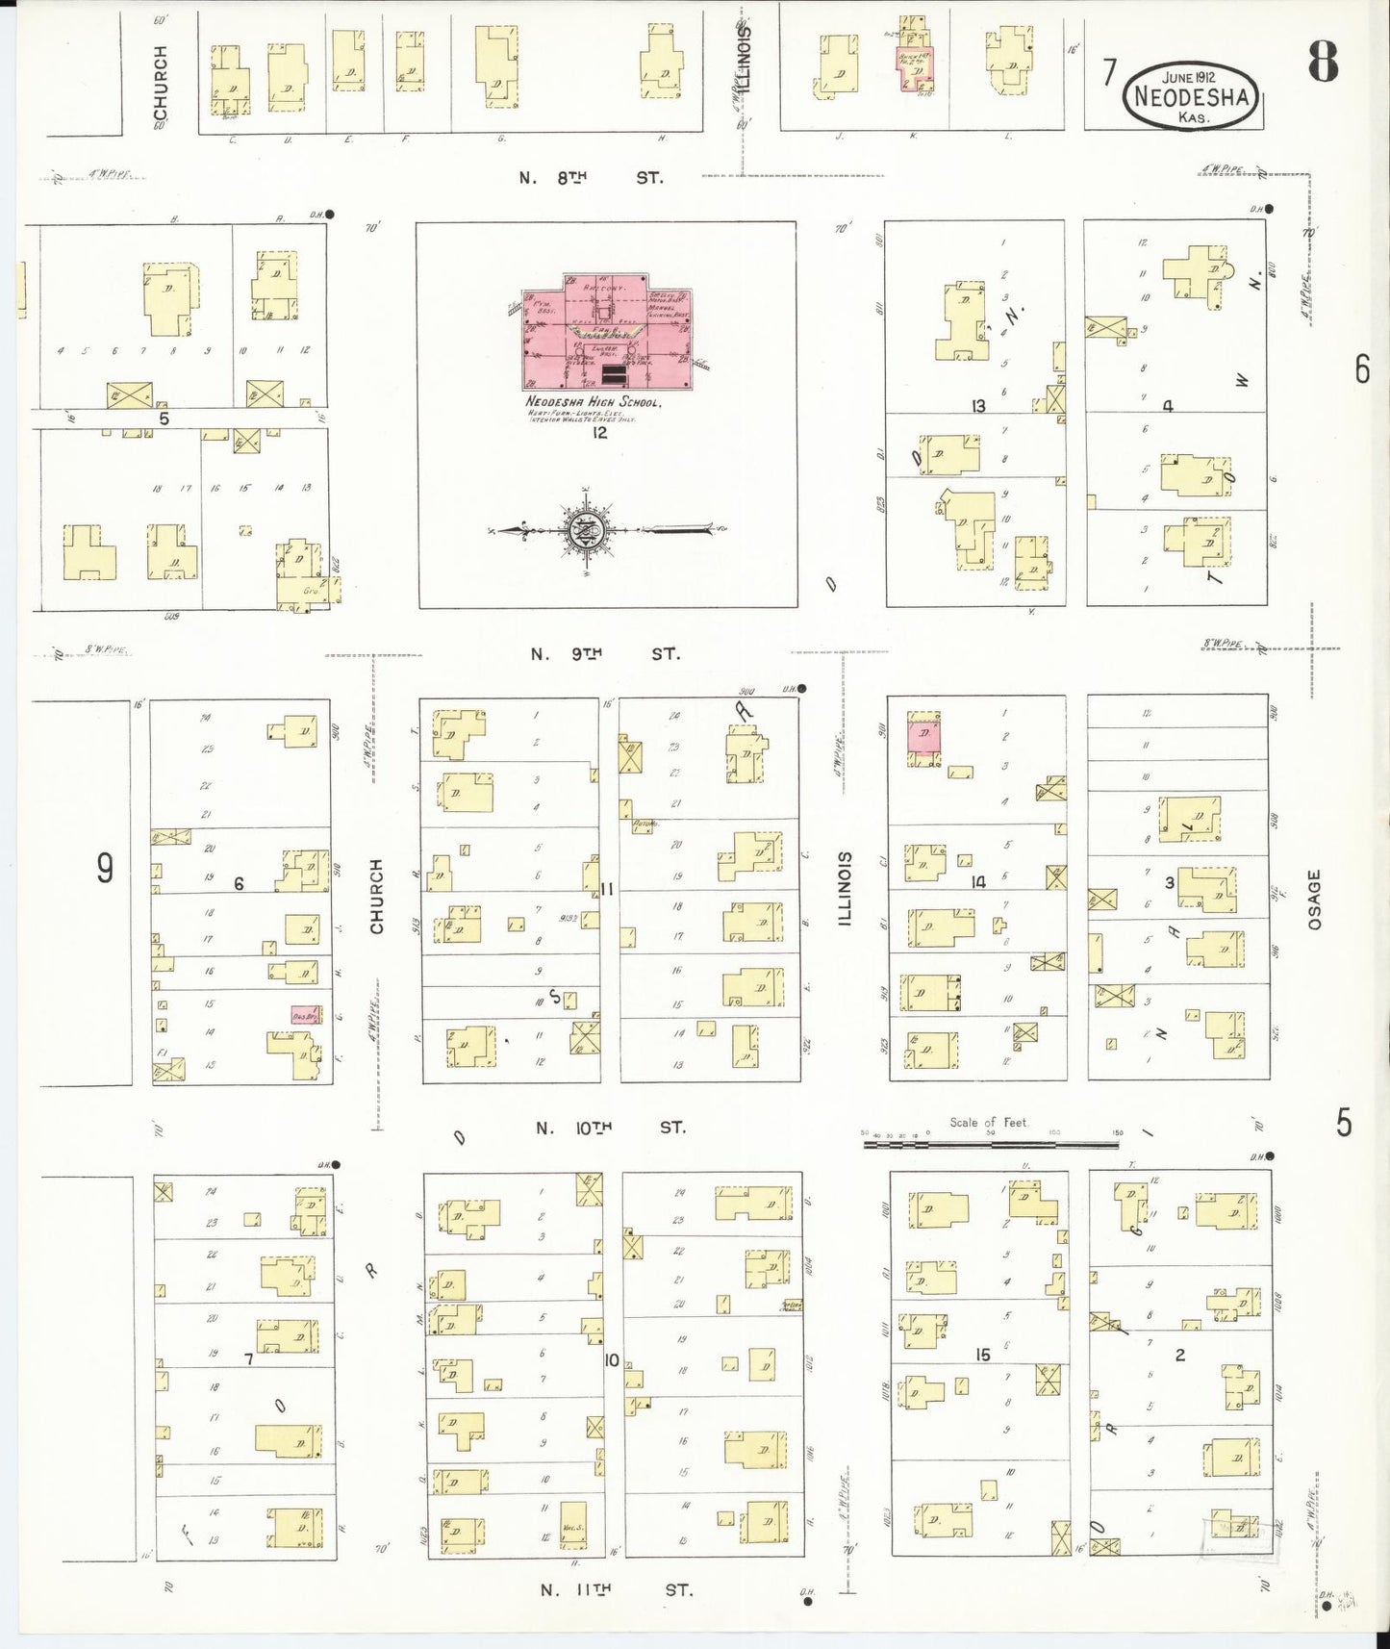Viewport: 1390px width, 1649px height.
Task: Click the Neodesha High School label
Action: click(592, 402)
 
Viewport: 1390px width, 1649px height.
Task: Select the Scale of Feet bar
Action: click(992, 1144)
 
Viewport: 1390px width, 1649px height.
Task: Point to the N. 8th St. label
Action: click(590, 177)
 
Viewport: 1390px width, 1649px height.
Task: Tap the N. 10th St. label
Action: click(611, 1128)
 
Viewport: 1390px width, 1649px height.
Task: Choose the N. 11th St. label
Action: click(615, 1590)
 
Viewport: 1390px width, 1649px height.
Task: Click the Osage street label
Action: click(1315, 900)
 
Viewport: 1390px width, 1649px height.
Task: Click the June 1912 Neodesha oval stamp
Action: click(1192, 96)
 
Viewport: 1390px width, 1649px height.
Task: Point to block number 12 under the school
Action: click(600, 433)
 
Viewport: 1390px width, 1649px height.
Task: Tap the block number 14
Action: click(978, 881)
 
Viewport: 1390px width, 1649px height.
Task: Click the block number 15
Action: click(982, 1355)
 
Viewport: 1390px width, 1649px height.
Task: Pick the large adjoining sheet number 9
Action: click(105, 868)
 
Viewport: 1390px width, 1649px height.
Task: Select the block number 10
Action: click(611, 1360)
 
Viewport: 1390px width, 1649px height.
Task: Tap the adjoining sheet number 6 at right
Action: click(1362, 369)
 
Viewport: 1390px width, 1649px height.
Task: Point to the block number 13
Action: click(978, 406)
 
